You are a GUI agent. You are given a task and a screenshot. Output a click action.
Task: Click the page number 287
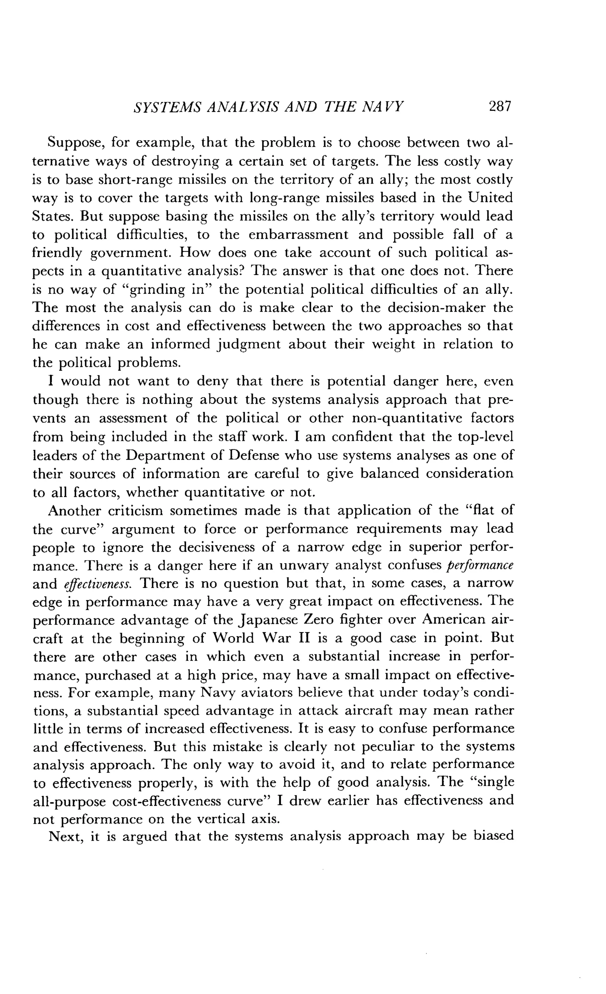(x=499, y=106)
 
